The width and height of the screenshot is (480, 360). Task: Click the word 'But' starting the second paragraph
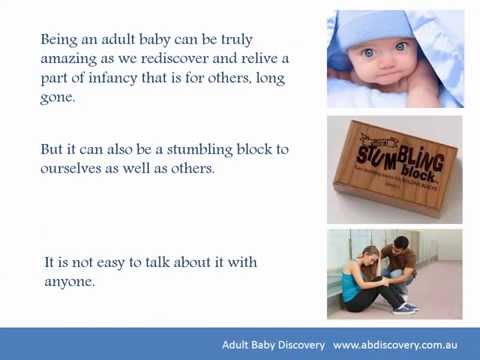click(53, 149)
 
